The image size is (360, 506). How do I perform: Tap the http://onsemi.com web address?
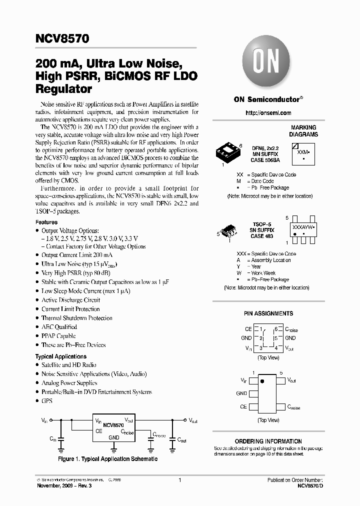point(268,113)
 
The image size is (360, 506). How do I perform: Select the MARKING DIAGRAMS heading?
point(304,131)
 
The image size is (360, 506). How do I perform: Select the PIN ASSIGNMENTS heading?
point(268,313)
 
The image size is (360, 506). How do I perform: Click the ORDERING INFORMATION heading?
point(268,441)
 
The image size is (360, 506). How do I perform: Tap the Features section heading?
point(46,222)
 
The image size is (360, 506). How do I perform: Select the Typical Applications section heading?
point(61,356)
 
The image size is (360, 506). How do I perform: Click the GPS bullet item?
point(47,401)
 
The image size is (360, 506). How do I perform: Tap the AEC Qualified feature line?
point(59,327)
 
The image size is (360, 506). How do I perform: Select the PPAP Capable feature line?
point(58,336)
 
